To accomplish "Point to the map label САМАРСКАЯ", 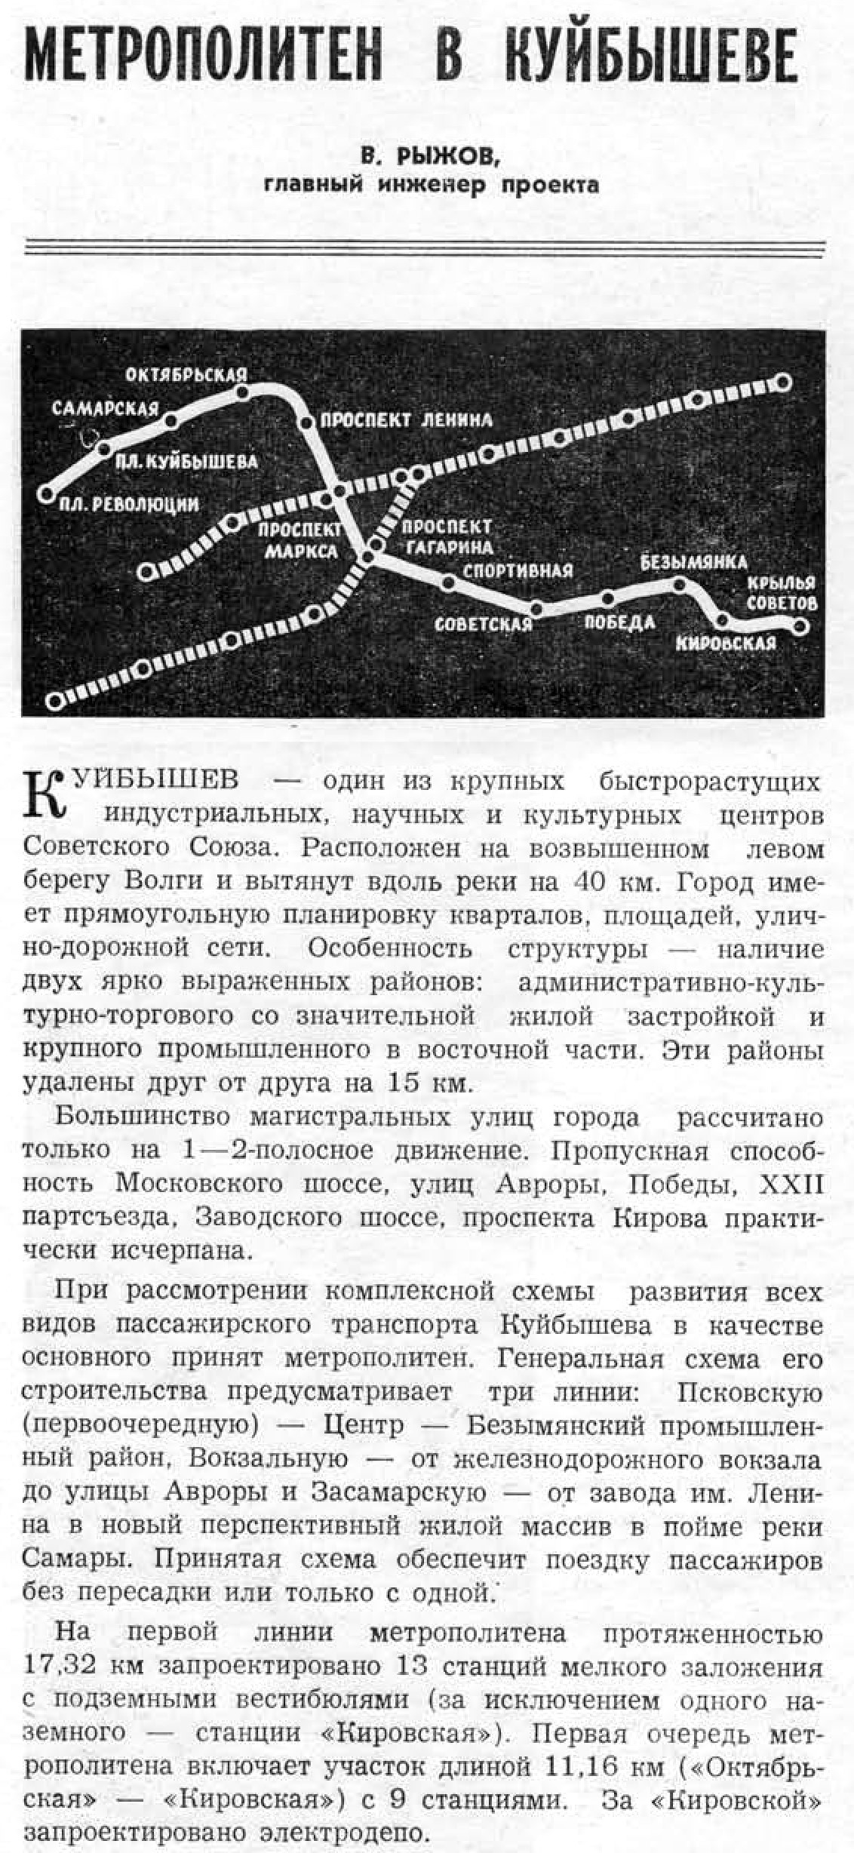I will click(x=105, y=409).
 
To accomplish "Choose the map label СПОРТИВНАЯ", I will click(x=518, y=570).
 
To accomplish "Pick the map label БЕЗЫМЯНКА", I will click(x=693, y=562).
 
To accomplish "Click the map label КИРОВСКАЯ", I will click(x=726, y=643).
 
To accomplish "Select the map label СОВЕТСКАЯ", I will click(x=484, y=625).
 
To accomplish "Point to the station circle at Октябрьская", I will click(x=242, y=392).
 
